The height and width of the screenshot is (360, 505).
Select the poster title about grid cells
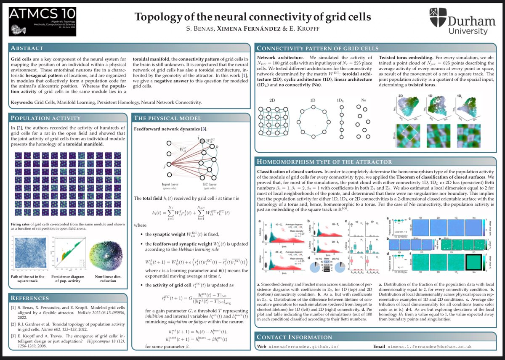252,18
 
